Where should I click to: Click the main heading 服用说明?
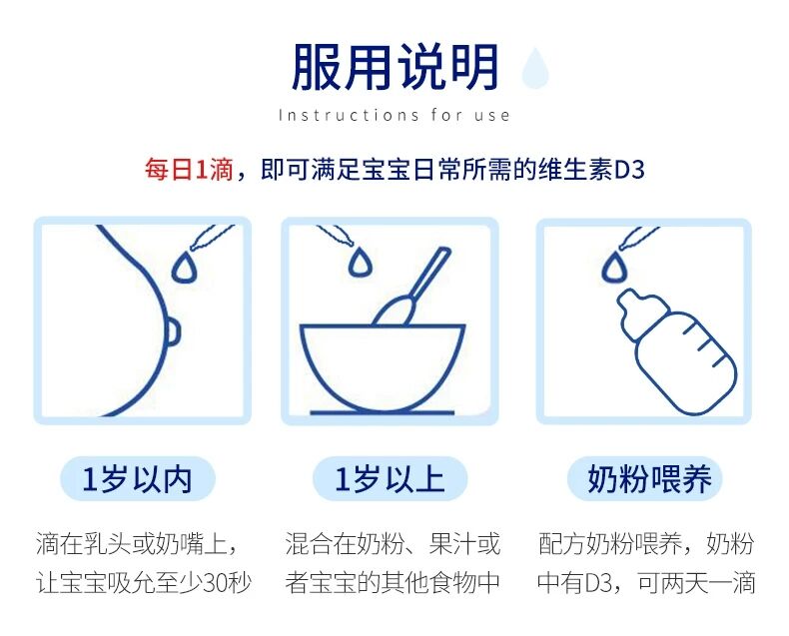coord(395,68)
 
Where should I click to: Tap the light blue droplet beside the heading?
coord(535,68)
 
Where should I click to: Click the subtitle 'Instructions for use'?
coord(394,115)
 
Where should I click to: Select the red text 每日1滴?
coord(189,169)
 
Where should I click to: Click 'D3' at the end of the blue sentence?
coord(629,170)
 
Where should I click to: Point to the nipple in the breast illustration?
coord(172,331)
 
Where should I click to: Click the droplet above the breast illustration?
coord(184,266)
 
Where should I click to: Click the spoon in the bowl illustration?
coord(412,288)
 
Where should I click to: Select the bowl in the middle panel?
coord(383,368)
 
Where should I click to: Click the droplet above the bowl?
coord(360,261)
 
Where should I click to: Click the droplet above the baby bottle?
coord(614,267)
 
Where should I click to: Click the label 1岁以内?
coord(137,478)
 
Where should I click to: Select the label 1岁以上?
coord(390,478)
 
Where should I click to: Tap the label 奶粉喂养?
coord(649,478)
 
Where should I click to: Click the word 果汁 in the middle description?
coord(452,543)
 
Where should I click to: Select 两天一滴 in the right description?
coord(708,583)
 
